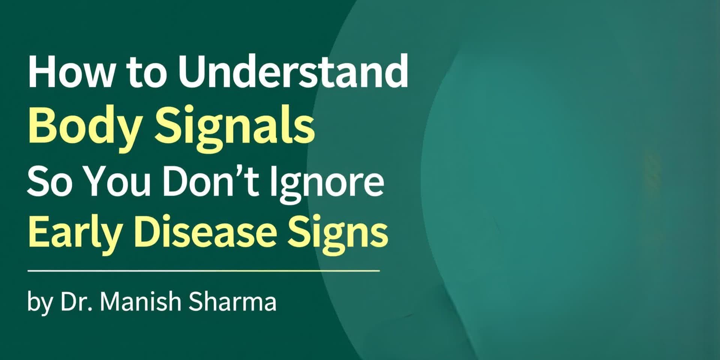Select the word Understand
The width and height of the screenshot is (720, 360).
tap(293, 71)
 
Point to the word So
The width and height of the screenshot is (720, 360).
tap(49, 181)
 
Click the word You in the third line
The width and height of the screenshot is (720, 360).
tap(117, 181)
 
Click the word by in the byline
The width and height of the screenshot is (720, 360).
tap(39, 302)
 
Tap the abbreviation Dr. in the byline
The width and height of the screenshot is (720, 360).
tap(76, 301)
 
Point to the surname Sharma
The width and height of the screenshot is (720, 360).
tap(232, 301)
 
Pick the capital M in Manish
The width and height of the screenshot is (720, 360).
tap(110, 301)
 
